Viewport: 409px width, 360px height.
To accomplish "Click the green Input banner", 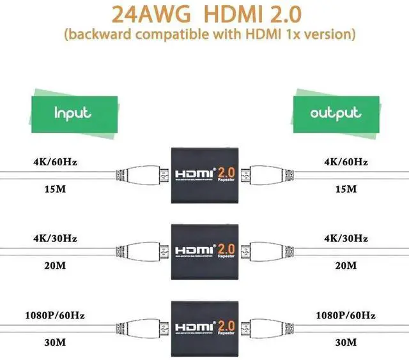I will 73,114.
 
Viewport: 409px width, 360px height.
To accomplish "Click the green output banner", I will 335,114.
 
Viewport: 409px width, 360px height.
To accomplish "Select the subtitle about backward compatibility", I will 204,33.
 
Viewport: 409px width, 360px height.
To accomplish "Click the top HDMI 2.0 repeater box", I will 204,172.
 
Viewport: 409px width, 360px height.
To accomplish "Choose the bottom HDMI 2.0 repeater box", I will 204,323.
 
